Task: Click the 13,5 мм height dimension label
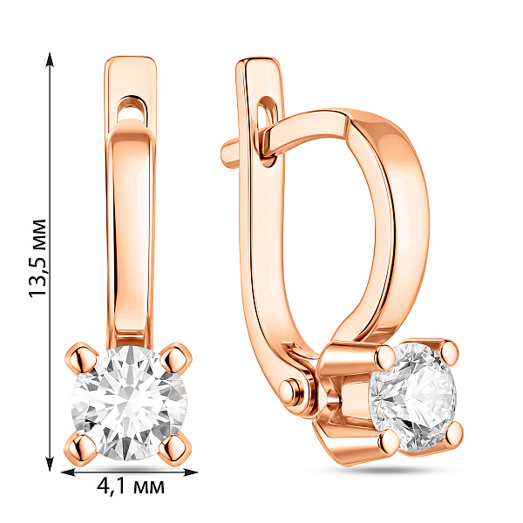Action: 37,258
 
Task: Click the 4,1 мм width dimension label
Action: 131,486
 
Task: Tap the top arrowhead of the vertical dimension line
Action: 50,60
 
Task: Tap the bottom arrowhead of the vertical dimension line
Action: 50,463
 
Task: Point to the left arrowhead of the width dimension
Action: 68,472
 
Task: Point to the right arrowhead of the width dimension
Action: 190,472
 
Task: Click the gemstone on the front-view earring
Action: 129,403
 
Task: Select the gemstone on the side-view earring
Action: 413,396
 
